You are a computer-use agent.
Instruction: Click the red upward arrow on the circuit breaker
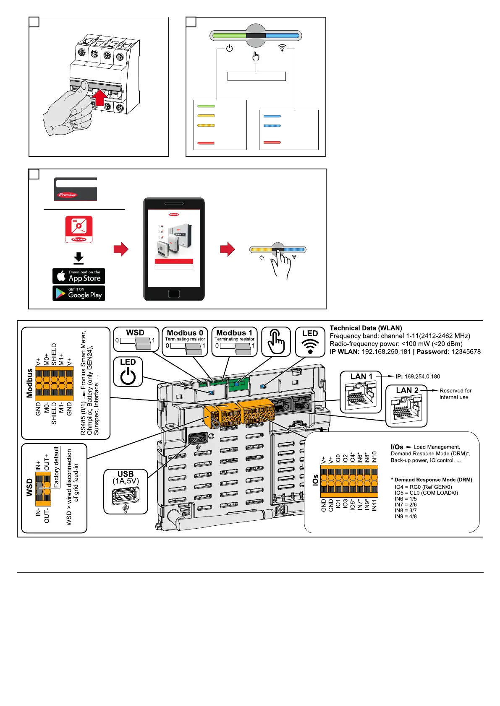click(100, 97)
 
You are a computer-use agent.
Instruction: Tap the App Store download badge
click(79, 276)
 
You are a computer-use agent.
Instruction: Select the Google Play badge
click(79, 293)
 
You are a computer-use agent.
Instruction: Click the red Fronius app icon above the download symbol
click(79, 229)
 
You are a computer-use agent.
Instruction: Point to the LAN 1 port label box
click(361, 392)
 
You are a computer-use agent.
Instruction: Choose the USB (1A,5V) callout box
click(126, 491)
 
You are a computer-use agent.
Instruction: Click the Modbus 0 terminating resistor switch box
click(185, 342)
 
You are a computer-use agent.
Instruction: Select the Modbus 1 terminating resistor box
click(234, 342)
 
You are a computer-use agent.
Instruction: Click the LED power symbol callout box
click(128, 371)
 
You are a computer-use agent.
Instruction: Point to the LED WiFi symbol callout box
click(310, 342)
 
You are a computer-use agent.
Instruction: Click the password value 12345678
click(466, 352)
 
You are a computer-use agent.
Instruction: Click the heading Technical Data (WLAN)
click(366, 328)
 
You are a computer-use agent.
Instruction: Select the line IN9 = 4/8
click(406, 517)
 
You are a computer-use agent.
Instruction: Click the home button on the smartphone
click(174, 294)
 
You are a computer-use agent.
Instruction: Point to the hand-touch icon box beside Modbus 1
click(276, 342)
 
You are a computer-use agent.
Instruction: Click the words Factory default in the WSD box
click(57, 467)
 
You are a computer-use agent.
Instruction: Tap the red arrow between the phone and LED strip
click(227, 249)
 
